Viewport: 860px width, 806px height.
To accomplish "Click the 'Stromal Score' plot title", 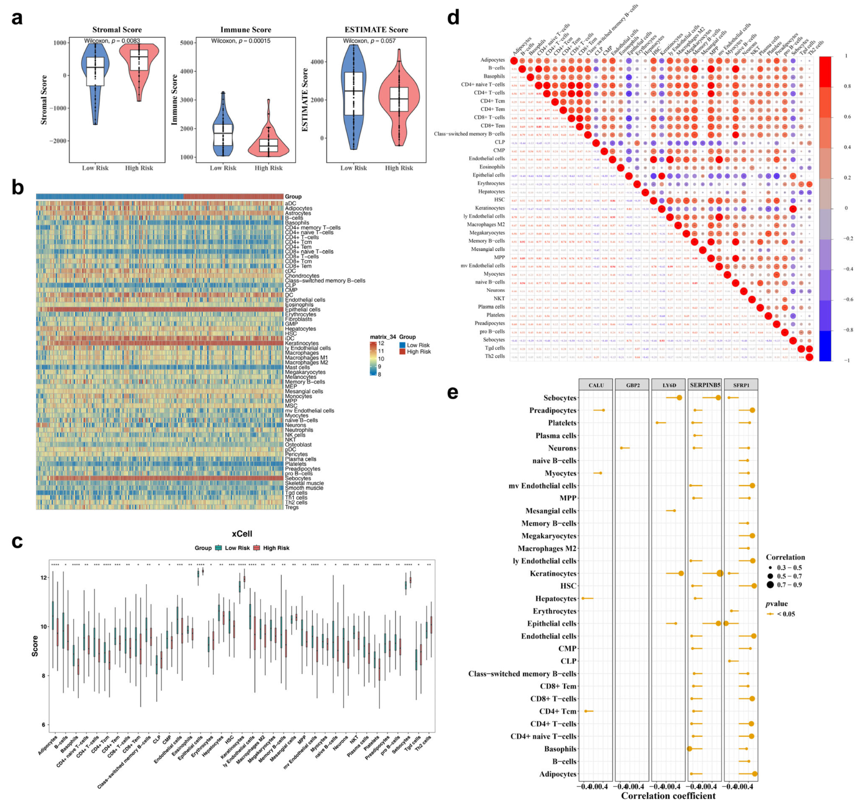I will [x=117, y=30].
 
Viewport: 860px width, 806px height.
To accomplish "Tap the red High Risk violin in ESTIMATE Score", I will [x=399, y=99].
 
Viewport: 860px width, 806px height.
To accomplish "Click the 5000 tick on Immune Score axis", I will [x=186, y=43].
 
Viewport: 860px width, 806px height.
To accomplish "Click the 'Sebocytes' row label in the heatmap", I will [x=297, y=478].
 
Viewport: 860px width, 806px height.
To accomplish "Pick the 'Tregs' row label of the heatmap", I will [x=292, y=507].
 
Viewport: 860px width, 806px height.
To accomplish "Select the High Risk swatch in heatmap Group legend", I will [x=402, y=352].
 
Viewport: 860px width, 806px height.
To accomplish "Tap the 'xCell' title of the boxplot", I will [x=242, y=534].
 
